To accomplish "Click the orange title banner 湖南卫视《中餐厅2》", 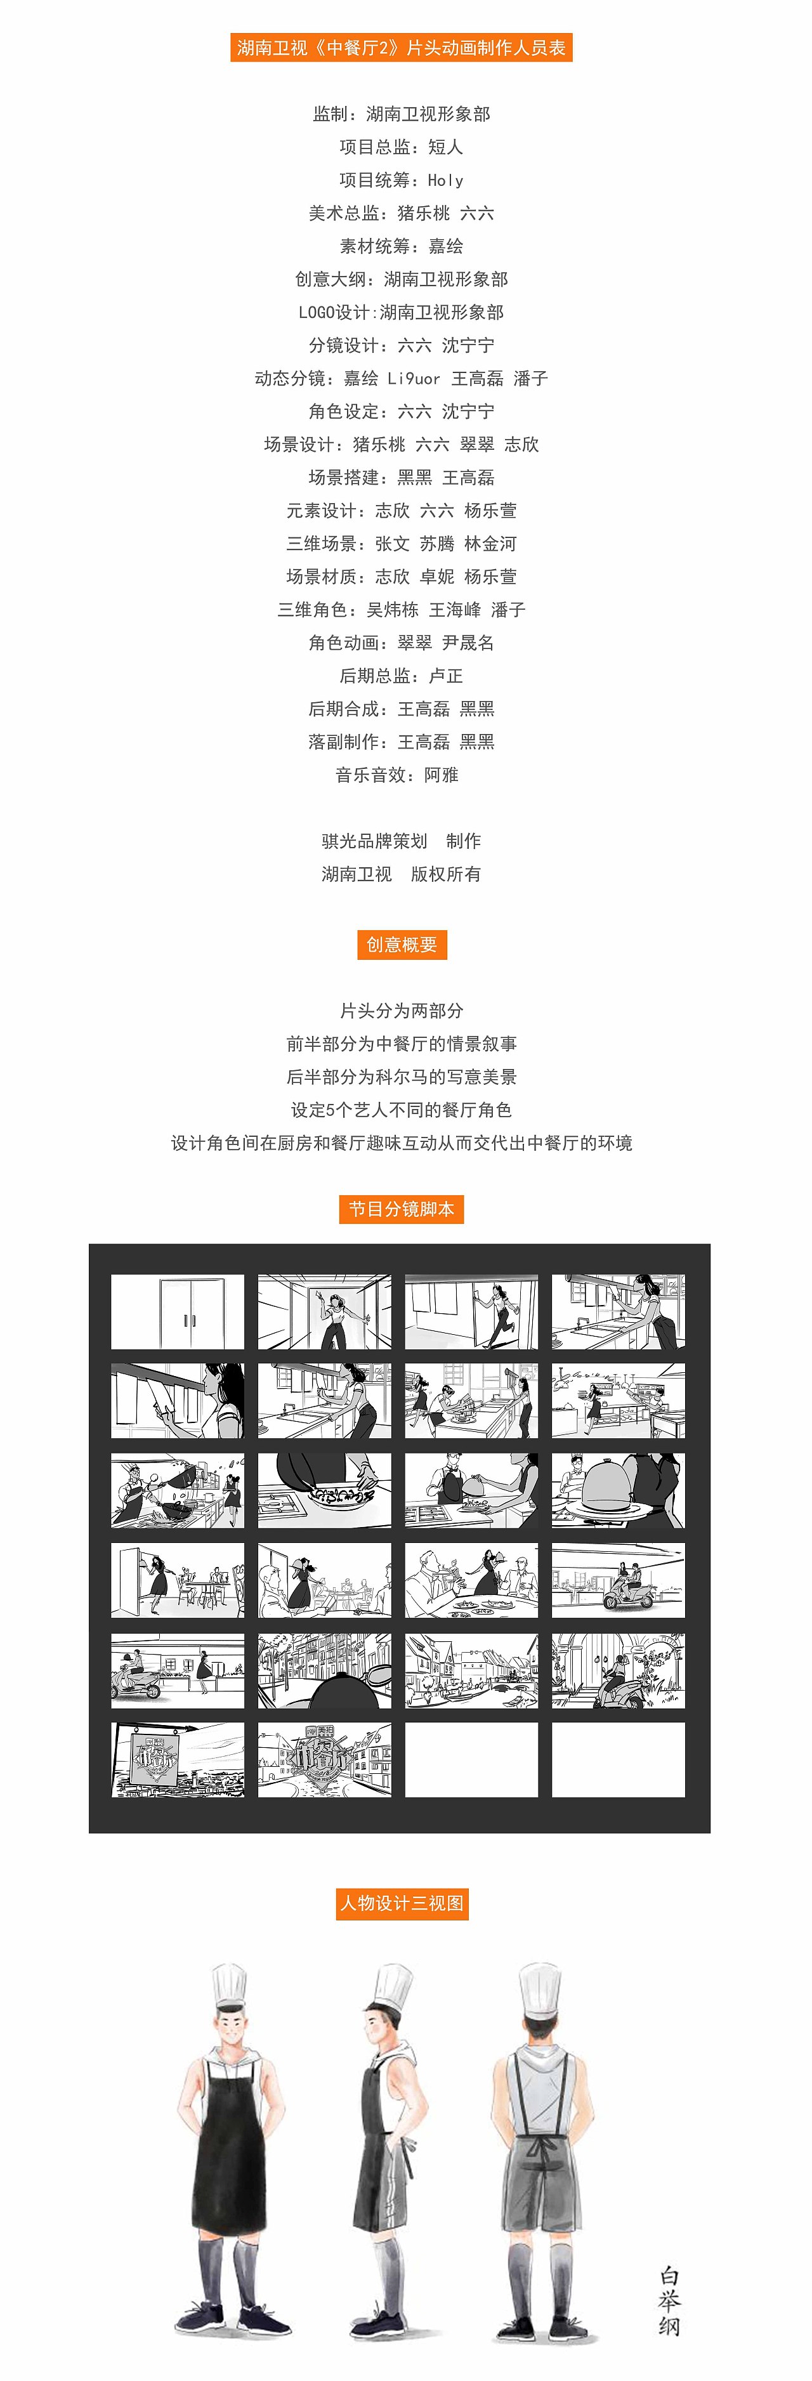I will tap(401, 47).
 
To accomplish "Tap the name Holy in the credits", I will tap(445, 180).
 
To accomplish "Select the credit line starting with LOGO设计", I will tap(401, 312).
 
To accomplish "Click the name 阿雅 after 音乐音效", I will tap(442, 775).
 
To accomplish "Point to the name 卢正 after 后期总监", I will tap(446, 676).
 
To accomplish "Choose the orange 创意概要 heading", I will tap(402, 945).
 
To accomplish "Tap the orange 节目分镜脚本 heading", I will tap(401, 1209).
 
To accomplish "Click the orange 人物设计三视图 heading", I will tap(402, 1903).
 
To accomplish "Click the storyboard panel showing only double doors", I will tap(178, 1311).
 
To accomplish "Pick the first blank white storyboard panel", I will tap(471, 1759).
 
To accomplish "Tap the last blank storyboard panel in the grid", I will tap(618, 1759).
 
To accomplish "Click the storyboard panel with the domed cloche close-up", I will tap(618, 1490).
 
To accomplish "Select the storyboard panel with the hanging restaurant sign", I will tap(178, 1759).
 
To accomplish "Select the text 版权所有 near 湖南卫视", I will tap(445, 874).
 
